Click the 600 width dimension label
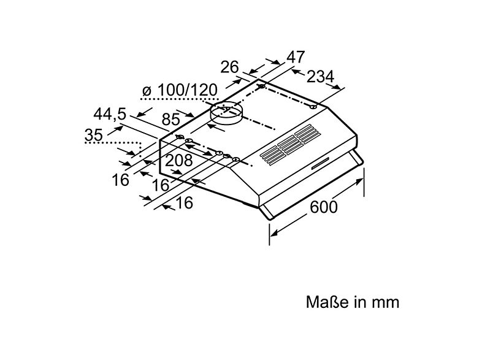point(323,207)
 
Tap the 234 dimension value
point(320,77)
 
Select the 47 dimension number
point(296,56)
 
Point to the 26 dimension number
point(230,67)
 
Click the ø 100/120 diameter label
point(180,91)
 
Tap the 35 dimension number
point(94,135)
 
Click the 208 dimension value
point(179,161)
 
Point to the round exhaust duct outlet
point(227,114)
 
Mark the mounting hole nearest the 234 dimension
point(313,107)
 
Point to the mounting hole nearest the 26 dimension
point(262,87)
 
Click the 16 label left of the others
point(121,179)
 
